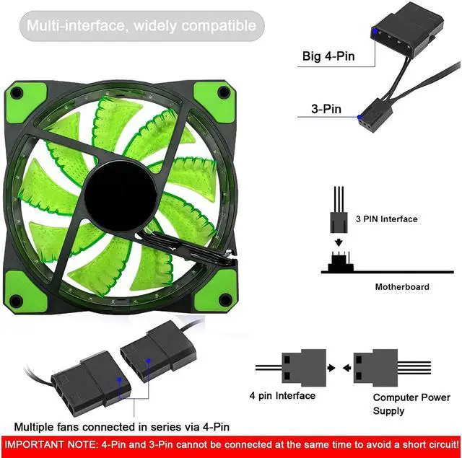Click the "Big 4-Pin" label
point(328,56)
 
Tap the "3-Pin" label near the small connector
point(326,109)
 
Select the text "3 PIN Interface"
point(387,219)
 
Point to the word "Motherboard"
point(402,286)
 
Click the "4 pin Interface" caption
point(282,395)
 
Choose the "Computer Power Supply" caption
point(411,404)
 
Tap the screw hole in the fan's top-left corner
point(17,93)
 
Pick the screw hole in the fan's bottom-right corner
point(225,300)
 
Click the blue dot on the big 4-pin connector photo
point(375,31)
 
